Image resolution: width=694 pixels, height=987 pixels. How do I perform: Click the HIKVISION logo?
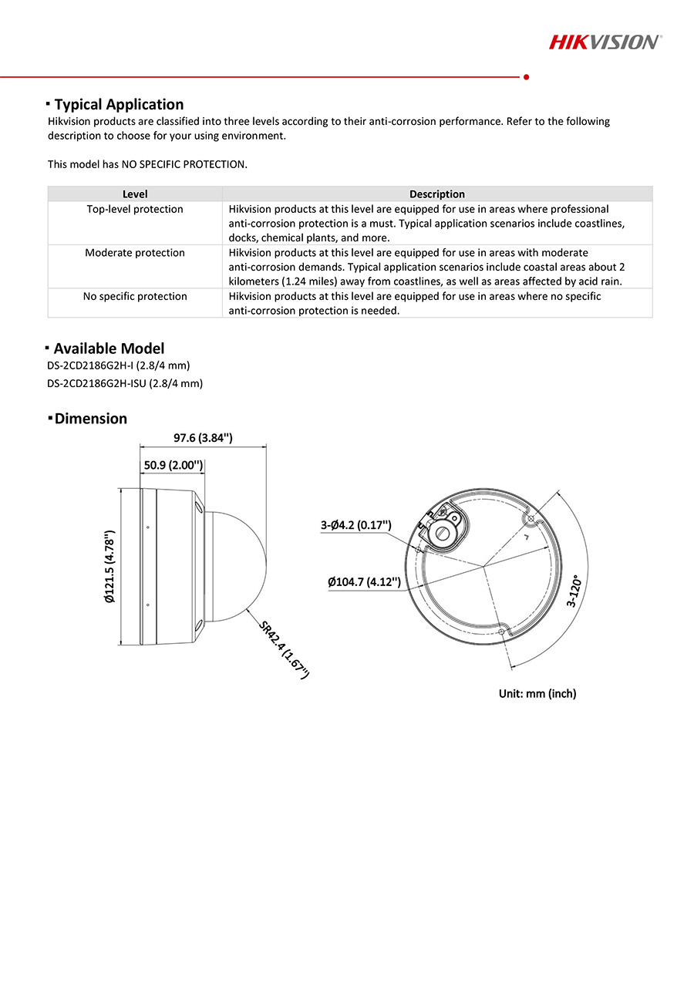[x=605, y=42]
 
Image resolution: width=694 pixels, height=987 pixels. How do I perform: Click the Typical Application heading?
[x=119, y=104]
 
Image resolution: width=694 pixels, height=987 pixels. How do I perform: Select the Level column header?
[x=135, y=194]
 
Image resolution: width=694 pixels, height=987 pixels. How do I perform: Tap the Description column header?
[x=436, y=194]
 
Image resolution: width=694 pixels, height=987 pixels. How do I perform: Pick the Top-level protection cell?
[x=135, y=209]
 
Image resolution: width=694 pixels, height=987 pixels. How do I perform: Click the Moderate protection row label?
[x=135, y=253]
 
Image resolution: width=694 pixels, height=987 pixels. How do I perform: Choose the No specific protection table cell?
[x=135, y=296]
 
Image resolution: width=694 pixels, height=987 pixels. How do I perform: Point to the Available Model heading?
[x=109, y=349]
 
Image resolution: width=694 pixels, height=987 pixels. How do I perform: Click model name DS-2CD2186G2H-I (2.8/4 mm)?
[x=118, y=365]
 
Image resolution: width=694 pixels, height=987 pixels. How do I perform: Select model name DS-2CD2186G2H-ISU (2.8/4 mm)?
[x=125, y=383]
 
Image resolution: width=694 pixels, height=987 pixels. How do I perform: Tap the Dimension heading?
[x=90, y=419]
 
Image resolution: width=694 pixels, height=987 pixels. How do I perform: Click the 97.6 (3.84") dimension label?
[x=203, y=438]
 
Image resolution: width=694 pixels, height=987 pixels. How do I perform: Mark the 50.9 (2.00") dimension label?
[x=173, y=466]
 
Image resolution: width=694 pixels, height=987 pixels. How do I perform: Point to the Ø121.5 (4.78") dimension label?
[x=109, y=566]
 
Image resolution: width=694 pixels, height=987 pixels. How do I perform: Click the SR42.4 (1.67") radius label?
[x=284, y=649]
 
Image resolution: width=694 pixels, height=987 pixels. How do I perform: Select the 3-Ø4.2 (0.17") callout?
[x=356, y=525]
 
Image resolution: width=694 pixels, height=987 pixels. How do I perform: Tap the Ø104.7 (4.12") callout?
[x=364, y=581]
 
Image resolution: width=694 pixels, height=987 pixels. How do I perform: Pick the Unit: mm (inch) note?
[x=537, y=693]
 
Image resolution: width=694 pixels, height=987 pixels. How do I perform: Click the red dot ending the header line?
[x=526, y=77]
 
